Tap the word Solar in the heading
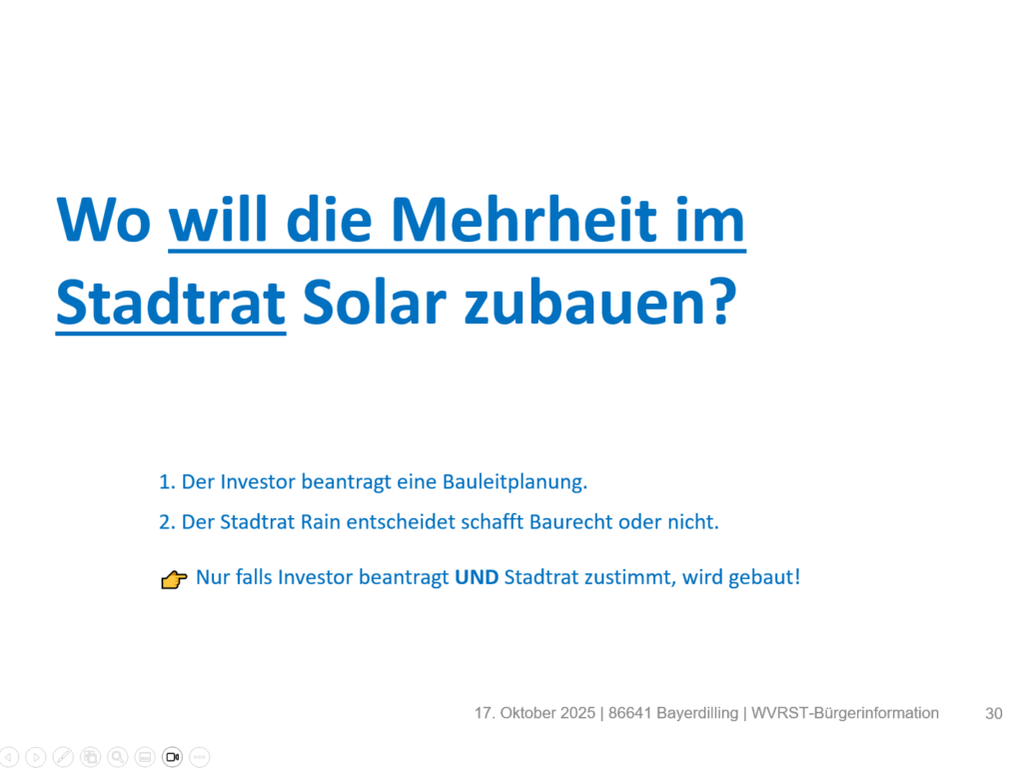[375, 302]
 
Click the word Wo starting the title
[104, 221]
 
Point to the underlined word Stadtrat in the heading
[171, 302]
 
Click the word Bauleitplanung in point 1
[514, 482]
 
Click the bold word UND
[477, 577]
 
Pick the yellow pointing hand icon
[174, 579]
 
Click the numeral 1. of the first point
[167, 482]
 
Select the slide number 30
[994, 714]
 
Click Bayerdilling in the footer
[697, 714]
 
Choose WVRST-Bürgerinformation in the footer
[845, 714]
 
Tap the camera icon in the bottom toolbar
[172, 757]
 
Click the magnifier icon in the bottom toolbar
[118, 757]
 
